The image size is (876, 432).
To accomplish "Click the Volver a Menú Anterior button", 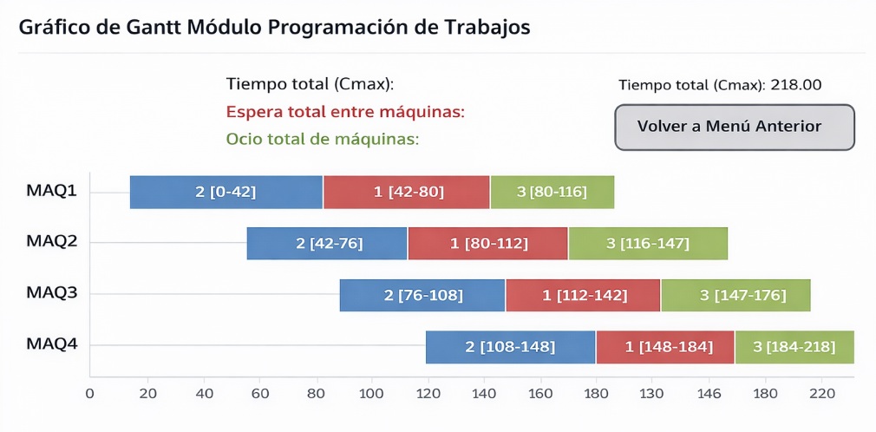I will click(x=735, y=127).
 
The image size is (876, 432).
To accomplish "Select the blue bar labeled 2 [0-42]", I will click(x=226, y=192).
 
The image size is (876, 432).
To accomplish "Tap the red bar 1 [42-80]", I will click(x=406, y=192).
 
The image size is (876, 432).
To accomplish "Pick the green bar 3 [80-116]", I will click(x=552, y=192).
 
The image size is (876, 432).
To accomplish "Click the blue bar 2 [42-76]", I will click(x=326, y=244).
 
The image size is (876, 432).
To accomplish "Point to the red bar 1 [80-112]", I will click(x=487, y=244).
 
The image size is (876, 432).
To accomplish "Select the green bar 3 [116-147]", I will click(x=647, y=244).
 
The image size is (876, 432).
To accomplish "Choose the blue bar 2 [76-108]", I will click(x=422, y=296).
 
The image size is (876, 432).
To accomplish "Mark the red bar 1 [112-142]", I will click(x=583, y=296).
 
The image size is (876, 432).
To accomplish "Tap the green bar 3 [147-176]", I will click(x=735, y=296).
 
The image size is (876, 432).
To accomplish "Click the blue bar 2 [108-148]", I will click(x=510, y=347).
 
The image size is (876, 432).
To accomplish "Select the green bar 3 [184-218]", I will click(x=794, y=347).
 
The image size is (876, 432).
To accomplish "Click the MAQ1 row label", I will click(x=52, y=190).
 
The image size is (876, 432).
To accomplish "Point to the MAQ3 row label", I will click(x=52, y=293).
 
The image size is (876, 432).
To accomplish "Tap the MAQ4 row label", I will click(x=52, y=344).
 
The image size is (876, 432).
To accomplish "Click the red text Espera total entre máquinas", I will click(x=345, y=112).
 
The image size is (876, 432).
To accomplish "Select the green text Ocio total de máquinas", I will click(x=323, y=139).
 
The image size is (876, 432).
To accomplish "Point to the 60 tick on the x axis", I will click(x=259, y=393).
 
